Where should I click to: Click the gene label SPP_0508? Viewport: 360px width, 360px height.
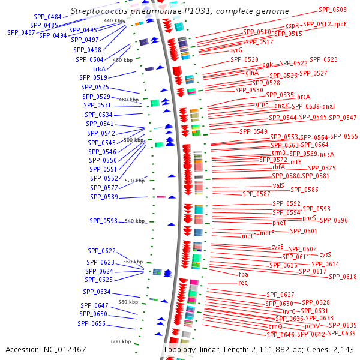(332, 10)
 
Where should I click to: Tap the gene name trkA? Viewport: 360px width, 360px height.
(100, 69)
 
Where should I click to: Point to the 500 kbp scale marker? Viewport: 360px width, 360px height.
(134, 140)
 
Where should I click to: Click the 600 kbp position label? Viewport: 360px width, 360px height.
(121, 341)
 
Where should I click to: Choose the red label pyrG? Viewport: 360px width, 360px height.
(236, 50)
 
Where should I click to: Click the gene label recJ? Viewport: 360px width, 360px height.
(243, 283)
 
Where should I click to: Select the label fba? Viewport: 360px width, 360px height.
(243, 274)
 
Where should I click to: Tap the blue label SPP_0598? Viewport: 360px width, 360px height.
(104, 221)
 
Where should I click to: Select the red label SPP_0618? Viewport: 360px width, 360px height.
(343, 277)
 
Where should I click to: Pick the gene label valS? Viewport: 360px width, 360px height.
(278, 186)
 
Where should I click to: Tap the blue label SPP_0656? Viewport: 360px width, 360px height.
(92, 323)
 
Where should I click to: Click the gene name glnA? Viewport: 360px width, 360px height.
(252, 73)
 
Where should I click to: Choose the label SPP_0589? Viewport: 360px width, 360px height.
(104, 197)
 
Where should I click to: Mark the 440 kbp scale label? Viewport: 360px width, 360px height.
(113, 20)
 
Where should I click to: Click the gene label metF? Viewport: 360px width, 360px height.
(248, 236)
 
